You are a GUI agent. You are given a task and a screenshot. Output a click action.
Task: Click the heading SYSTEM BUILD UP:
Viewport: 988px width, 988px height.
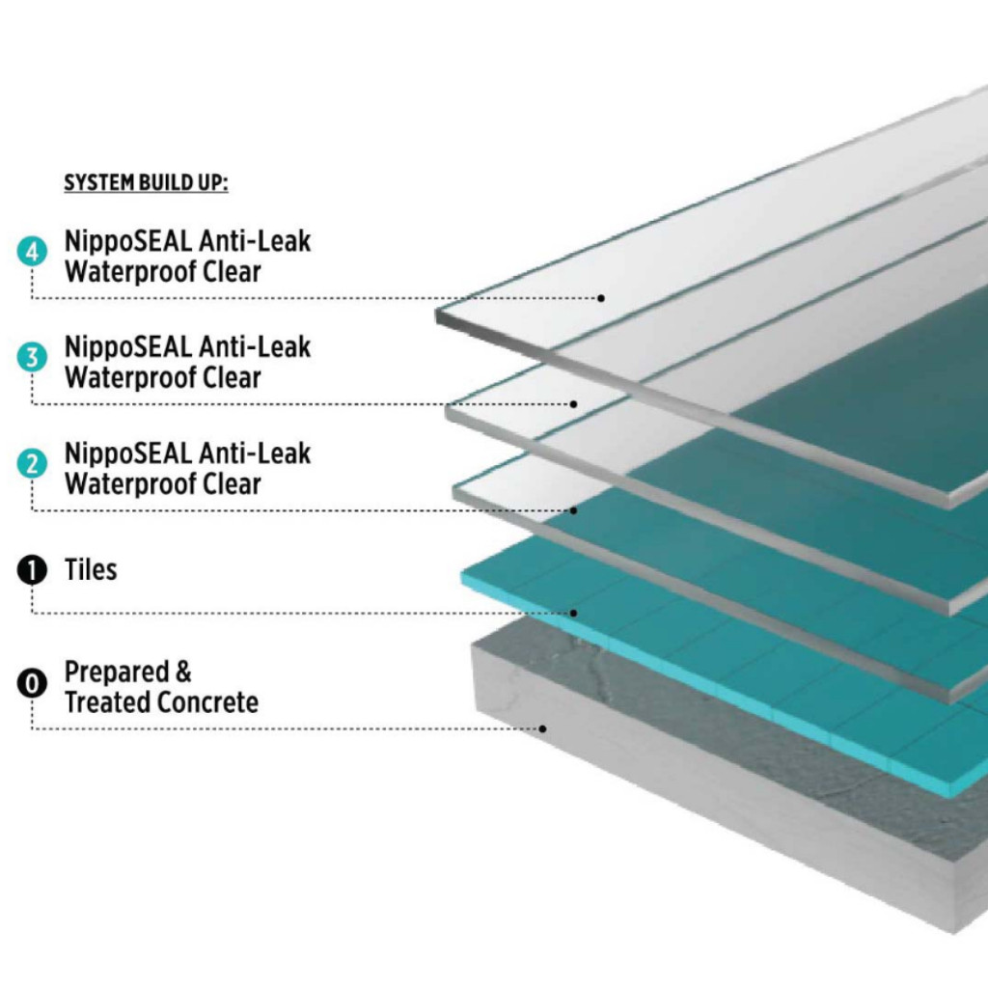point(146,182)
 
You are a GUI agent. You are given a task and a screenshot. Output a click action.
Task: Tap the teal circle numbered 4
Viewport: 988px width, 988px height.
point(32,254)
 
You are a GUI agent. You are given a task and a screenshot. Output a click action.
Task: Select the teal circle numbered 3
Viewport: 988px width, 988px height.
point(32,359)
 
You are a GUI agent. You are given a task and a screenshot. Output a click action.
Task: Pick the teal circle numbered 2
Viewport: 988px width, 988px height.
point(32,464)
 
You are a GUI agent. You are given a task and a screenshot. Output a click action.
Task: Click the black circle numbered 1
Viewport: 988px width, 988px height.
point(32,571)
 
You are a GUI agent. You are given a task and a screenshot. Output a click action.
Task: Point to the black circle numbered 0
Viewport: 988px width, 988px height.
point(32,685)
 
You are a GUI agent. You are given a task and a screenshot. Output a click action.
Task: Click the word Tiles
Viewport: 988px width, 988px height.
point(91,570)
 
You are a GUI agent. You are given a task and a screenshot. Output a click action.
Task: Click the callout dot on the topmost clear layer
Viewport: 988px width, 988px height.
point(600,298)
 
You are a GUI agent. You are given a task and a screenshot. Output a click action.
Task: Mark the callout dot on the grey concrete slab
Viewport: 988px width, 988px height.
point(544,728)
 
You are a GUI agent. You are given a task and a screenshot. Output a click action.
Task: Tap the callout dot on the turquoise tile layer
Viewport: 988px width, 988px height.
point(574,613)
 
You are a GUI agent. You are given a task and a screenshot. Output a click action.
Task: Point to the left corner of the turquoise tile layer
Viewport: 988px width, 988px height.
point(464,580)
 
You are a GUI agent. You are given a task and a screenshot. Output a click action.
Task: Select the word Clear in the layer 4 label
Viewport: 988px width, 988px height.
point(232,272)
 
